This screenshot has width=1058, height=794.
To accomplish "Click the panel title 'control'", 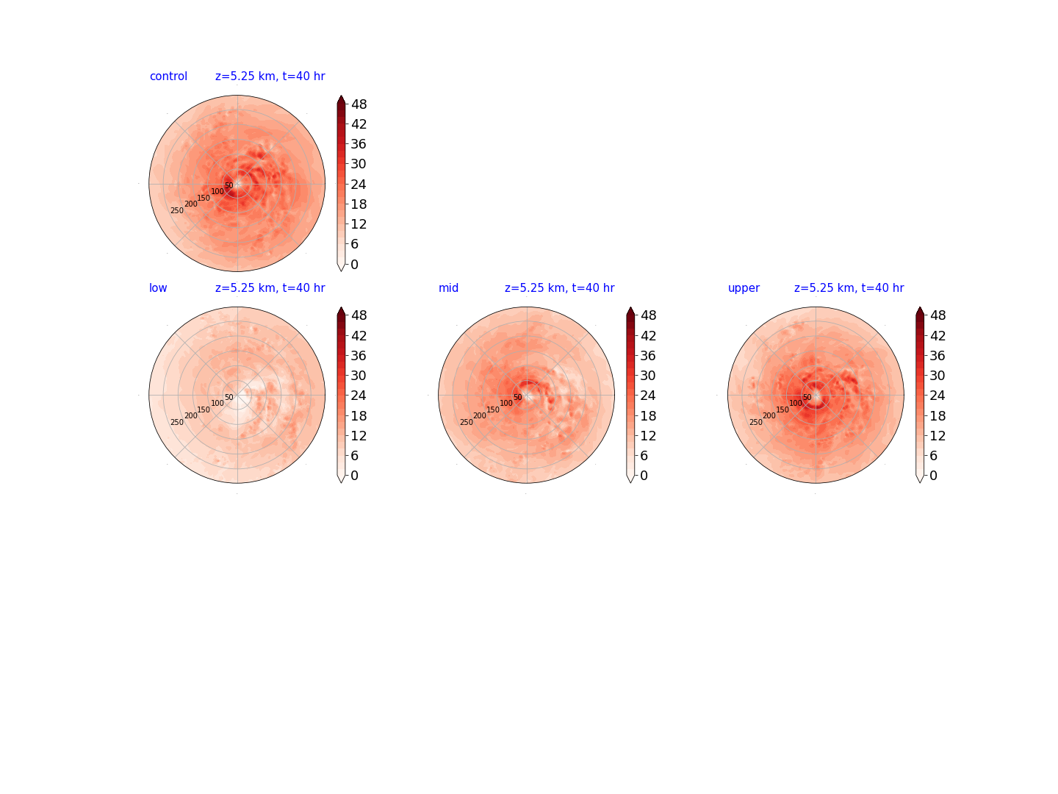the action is (x=168, y=76).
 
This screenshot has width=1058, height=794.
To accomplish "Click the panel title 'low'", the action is (x=158, y=287).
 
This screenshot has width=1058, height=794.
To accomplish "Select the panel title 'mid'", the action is (x=448, y=287).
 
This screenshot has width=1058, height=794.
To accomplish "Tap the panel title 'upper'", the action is (x=744, y=288).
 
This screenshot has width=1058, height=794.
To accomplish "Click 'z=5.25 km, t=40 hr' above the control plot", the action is (x=270, y=76).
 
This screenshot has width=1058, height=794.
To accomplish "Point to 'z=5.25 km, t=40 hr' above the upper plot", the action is (x=849, y=287).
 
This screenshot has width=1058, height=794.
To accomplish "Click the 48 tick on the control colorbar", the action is (x=359, y=104).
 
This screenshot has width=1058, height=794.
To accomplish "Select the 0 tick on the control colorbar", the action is (x=354, y=264).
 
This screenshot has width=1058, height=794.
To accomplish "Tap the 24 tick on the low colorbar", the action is (x=359, y=396).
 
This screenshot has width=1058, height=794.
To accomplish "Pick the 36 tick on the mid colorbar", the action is (x=648, y=356).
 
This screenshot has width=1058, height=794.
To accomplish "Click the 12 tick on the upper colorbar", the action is (x=937, y=436).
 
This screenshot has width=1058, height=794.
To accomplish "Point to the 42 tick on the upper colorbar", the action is (x=937, y=335).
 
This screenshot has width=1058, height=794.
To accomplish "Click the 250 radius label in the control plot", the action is (x=177, y=211).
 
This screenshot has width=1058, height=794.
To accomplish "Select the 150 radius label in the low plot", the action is (x=204, y=409).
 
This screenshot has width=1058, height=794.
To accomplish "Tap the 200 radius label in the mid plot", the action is (x=480, y=415).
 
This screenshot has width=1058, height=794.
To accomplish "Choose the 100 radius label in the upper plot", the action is (x=795, y=403).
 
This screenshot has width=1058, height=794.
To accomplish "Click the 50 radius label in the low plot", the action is (x=229, y=397).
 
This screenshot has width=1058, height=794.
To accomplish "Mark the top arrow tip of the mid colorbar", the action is (x=630, y=307).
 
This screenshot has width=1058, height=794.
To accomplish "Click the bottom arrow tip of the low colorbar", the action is (x=341, y=482).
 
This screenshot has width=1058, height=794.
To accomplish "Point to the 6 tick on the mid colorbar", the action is (x=644, y=456).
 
